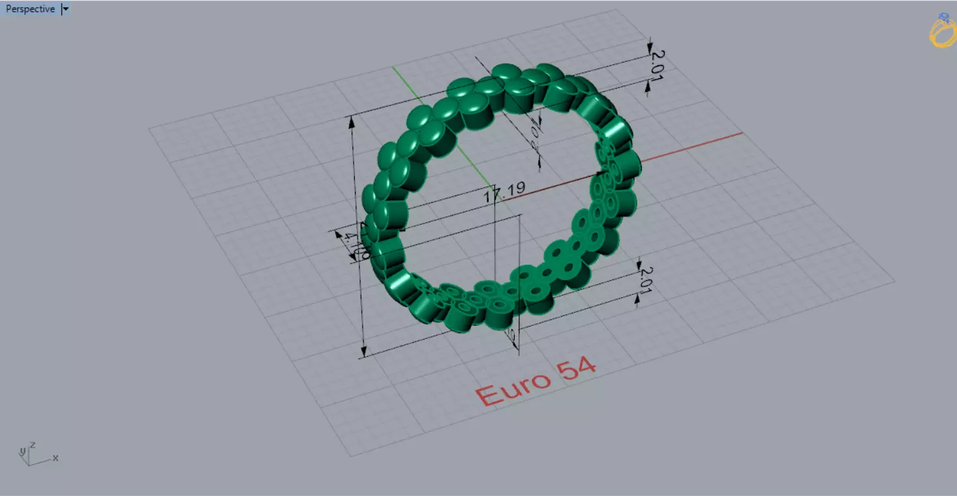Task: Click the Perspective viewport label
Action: (30, 9)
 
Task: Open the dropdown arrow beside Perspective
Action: (65, 9)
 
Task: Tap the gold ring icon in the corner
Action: (942, 31)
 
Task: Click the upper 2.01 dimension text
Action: (656, 65)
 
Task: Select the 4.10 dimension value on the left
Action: (357, 245)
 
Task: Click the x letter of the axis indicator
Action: (55, 458)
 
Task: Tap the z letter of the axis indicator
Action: (32, 445)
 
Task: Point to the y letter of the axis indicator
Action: (22, 451)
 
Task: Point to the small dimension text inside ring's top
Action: (535, 134)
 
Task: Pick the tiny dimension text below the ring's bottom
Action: (511, 336)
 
